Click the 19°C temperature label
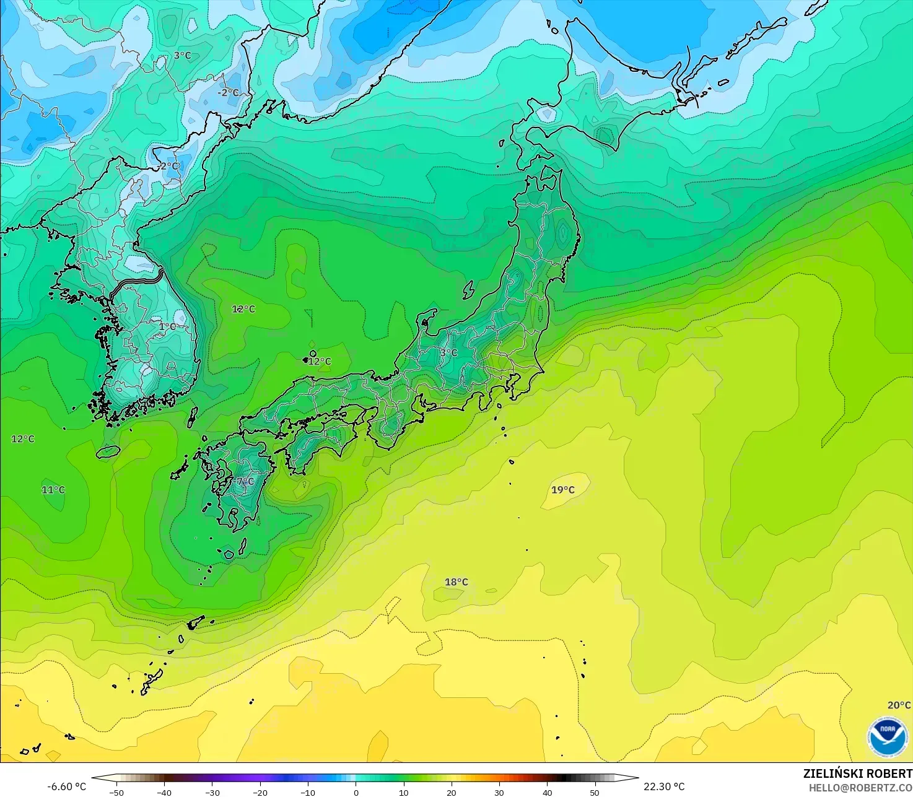click(563, 490)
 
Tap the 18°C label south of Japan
click(456, 582)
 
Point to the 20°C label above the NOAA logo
click(899, 705)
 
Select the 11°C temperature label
click(53, 490)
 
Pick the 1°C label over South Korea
click(167, 326)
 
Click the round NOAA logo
click(887, 737)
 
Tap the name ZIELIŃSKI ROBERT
click(857, 773)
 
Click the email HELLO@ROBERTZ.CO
click(860, 787)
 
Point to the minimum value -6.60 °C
click(67, 786)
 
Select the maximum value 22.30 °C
click(664, 786)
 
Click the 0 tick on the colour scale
click(356, 792)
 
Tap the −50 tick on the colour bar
click(116, 792)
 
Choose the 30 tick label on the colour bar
click(499, 792)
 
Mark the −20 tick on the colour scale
click(260, 792)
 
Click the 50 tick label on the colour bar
click(595, 792)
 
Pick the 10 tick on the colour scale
click(403, 792)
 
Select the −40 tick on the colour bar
click(164, 792)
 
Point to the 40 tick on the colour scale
click(547, 792)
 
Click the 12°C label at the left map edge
click(23, 439)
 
